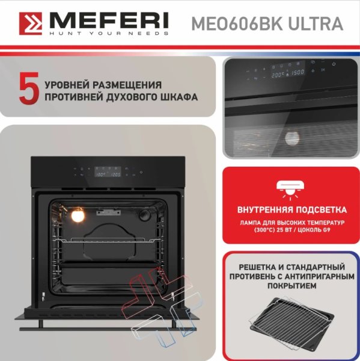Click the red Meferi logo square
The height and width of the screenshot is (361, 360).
(31, 23)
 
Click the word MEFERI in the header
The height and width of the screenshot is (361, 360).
(109, 20)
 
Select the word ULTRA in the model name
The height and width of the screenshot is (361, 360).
(316, 23)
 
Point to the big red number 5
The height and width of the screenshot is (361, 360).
(29, 88)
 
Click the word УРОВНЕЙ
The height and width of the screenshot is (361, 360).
(67, 85)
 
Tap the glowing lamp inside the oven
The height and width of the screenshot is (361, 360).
(78, 215)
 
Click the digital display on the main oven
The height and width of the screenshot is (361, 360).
(108, 171)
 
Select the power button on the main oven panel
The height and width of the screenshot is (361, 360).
(141, 172)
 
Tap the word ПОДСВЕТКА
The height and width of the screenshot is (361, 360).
(321, 210)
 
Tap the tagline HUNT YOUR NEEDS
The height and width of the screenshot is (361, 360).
(109, 33)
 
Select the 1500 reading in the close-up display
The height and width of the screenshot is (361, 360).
(298, 73)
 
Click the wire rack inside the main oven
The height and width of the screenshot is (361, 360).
(108, 240)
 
